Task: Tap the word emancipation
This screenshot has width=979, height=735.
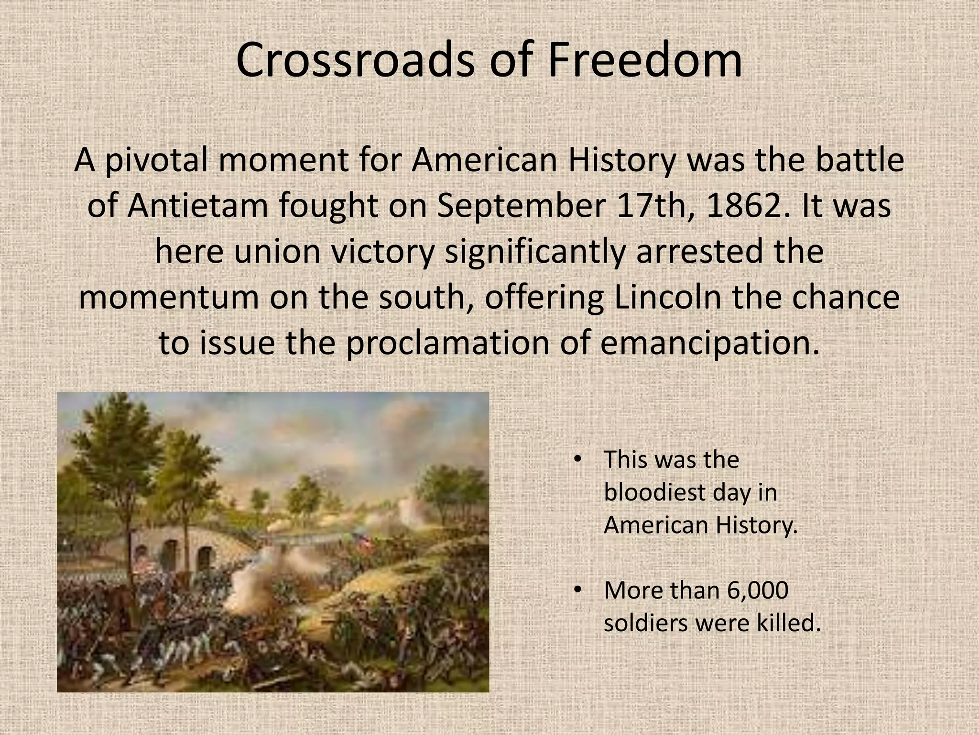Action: click(709, 343)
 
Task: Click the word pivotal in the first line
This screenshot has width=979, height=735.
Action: click(157, 160)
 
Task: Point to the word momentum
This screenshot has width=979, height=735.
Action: click(168, 297)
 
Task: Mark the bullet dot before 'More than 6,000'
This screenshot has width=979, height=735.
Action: click(577, 590)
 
